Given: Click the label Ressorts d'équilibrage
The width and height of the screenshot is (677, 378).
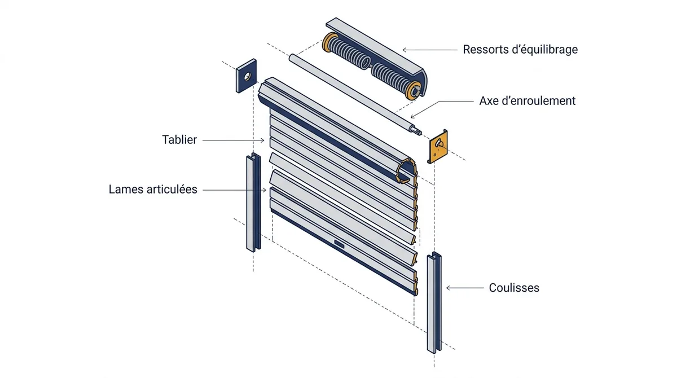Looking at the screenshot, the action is pyautogui.click(x=520, y=50).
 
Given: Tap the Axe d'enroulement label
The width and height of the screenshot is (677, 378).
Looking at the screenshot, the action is pyautogui.click(x=527, y=101).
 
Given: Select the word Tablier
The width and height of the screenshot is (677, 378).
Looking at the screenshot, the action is pyautogui.click(x=179, y=139).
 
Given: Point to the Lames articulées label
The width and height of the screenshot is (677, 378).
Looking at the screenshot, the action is pyautogui.click(x=153, y=190).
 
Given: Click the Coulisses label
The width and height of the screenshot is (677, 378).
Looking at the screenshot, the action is pyautogui.click(x=514, y=288).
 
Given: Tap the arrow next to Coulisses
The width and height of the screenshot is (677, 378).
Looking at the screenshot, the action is pyautogui.click(x=465, y=288).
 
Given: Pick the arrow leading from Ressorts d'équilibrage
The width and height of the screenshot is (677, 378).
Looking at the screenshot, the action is pyautogui.click(x=430, y=50).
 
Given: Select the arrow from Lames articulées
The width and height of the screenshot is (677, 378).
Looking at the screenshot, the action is pyautogui.click(x=235, y=190).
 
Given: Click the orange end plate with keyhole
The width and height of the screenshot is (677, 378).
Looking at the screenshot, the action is pyautogui.click(x=438, y=147).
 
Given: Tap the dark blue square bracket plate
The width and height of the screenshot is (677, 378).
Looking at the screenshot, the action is pyautogui.click(x=247, y=76).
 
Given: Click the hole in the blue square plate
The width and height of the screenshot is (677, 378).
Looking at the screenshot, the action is pyautogui.click(x=248, y=76).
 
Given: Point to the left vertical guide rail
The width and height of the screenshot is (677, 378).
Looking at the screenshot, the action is pyautogui.click(x=253, y=203).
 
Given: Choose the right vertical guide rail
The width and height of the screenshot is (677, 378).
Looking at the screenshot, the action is pyautogui.click(x=434, y=302).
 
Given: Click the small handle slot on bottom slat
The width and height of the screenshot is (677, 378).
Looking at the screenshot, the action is pyautogui.click(x=339, y=244).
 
